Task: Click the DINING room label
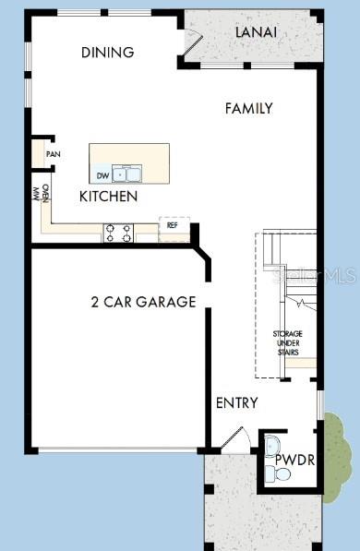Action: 107,53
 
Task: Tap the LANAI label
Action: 257,32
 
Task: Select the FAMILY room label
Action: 248,108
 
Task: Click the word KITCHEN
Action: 108,197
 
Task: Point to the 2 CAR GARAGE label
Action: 143,302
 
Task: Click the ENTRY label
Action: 236,403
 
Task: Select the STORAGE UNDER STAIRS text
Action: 287,342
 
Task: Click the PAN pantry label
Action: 54,154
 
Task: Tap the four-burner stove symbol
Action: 118,232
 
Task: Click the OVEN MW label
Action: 41,194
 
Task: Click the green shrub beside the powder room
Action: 337,448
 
